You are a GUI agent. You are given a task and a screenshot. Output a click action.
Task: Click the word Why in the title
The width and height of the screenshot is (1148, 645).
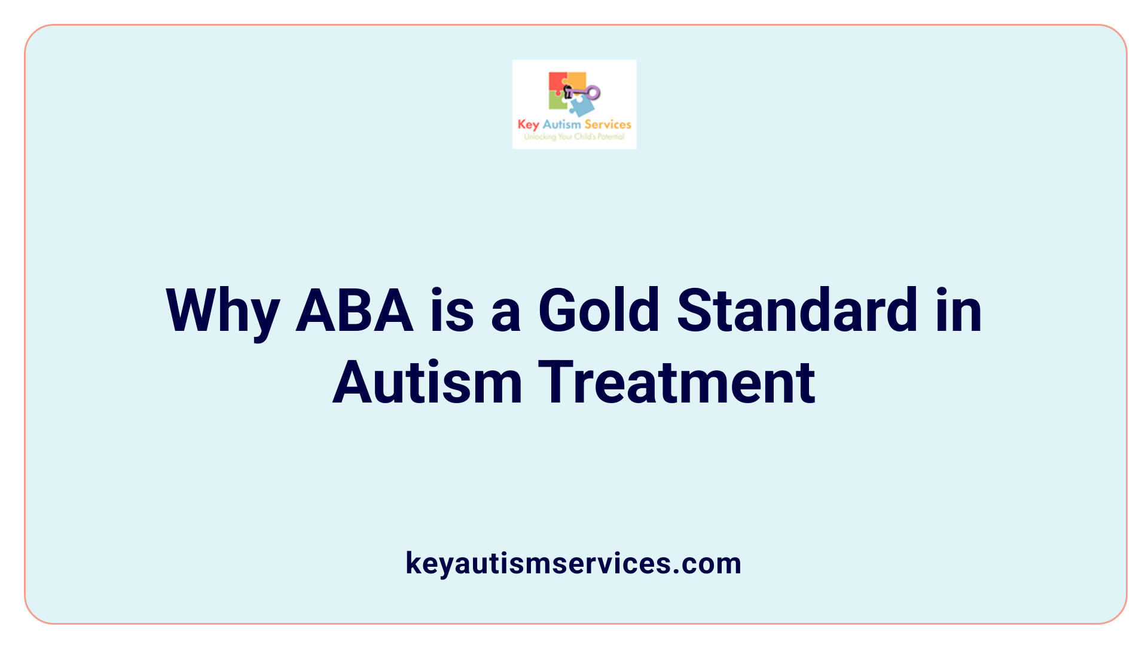(222, 311)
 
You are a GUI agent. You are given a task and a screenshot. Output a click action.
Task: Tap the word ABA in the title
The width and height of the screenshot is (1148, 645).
(355, 311)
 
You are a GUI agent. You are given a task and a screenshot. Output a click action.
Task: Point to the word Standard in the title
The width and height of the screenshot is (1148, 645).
(796, 311)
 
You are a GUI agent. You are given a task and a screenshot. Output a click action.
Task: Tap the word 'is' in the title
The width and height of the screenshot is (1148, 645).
(452, 311)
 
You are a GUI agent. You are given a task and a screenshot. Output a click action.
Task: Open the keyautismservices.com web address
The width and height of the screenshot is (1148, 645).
(573, 563)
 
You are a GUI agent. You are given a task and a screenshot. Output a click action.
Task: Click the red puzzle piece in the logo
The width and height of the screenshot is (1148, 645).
(557, 82)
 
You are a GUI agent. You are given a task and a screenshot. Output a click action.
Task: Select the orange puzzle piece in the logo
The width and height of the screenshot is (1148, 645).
(576, 80)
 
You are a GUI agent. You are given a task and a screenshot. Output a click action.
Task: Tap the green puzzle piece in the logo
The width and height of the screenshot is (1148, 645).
(557, 102)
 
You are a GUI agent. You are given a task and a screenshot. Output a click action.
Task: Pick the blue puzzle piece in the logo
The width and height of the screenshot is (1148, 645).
(581, 106)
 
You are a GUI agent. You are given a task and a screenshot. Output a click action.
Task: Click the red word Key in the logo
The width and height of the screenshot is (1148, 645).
(528, 125)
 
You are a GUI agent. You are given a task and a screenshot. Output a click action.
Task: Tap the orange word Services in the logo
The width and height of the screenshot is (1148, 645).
(607, 124)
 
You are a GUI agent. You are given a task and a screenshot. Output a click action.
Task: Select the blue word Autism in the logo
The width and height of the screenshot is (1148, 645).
(561, 124)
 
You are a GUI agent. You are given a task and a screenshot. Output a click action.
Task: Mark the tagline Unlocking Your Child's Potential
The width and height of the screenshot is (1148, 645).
(574, 137)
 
